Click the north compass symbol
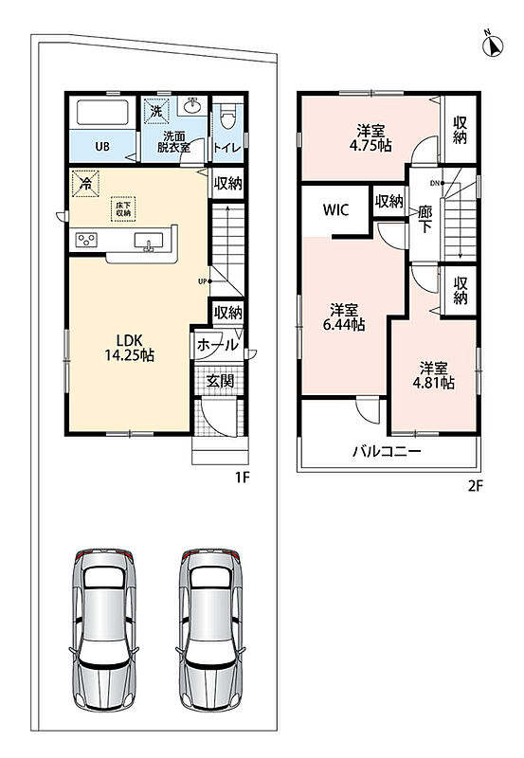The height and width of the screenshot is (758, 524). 493,45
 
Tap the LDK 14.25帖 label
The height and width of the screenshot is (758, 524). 130,348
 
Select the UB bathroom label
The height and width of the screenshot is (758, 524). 102,147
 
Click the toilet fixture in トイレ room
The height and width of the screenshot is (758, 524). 227,116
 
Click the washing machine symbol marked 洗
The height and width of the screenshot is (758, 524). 155,112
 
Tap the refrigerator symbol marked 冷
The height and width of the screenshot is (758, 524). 85,183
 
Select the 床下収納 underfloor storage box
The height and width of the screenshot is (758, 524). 123,208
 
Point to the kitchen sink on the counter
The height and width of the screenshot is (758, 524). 149,241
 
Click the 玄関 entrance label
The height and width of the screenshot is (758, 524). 221,381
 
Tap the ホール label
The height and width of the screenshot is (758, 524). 218,345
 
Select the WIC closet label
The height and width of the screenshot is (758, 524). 336,209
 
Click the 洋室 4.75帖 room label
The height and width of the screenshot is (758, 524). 370,138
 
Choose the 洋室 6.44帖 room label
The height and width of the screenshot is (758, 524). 344,317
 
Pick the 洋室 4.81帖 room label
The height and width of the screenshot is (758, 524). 433,375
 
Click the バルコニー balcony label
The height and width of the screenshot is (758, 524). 387,452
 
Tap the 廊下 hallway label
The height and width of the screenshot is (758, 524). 425,219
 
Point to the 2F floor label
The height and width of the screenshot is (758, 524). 475,485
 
